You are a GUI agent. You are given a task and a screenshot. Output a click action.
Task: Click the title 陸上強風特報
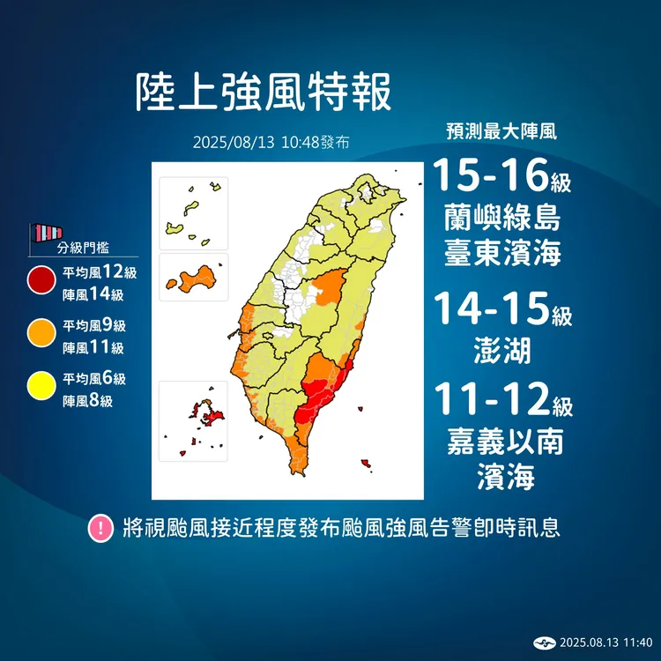[x=263, y=92]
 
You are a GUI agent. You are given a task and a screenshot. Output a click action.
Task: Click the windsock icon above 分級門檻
[x=46, y=234]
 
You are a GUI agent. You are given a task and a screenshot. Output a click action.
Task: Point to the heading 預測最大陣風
[x=501, y=133]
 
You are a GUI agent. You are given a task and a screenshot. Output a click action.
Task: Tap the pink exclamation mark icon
[x=102, y=529]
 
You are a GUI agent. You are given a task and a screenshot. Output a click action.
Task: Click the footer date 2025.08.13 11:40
[x=605, y=642]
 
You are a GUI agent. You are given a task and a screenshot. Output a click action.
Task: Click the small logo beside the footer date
[x=546, y=642]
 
